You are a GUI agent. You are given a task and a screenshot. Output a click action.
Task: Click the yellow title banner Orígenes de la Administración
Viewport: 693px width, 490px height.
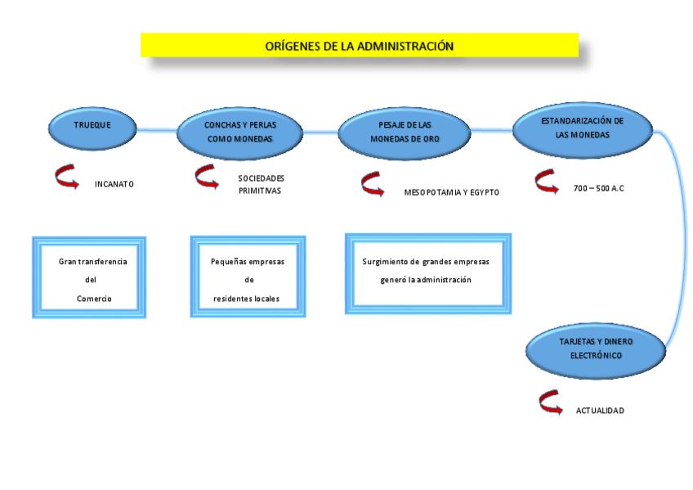(x=359, y=46)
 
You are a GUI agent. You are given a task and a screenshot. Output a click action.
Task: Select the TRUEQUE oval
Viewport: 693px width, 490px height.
(x=92, y=126)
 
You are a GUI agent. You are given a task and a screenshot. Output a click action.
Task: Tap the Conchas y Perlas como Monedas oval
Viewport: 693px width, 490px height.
(x=239, y=132)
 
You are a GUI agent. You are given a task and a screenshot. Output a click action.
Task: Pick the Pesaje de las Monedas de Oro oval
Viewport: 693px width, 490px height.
(x=404, y=132)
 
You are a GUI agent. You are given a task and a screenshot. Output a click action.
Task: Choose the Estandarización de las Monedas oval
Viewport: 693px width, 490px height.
(x=582, y=128)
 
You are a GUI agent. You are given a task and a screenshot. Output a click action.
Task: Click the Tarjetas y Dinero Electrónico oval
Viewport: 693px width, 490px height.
(x=596, y=349)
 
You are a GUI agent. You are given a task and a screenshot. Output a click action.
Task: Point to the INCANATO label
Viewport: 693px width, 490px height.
(x=114, y=184)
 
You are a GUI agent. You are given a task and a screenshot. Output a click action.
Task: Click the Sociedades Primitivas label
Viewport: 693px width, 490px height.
(x=260, y=184)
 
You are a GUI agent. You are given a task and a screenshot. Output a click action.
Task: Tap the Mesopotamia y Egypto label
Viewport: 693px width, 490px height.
(x=451, y=193)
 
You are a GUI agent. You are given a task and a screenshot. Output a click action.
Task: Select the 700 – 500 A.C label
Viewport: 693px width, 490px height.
(x=599, y=189)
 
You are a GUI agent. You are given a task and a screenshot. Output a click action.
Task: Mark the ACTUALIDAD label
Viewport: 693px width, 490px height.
(x=600, y=411)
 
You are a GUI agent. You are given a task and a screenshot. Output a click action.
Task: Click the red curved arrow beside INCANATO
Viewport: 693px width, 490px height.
(x=66, y=177)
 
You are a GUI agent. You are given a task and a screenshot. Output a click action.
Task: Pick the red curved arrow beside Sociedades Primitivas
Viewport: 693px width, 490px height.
(x=207, y=177)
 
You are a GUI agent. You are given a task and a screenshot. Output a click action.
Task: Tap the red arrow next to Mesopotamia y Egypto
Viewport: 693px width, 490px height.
(x=373, y=185)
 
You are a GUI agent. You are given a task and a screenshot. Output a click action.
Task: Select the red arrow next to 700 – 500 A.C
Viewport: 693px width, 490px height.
(x=546, y=182)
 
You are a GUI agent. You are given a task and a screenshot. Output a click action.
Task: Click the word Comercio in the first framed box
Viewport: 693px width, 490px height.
(x=94, y=299)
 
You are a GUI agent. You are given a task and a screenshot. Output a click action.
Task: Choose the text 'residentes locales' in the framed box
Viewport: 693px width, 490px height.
(x=246, y=299)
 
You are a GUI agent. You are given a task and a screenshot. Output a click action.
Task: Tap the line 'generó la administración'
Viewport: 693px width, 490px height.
(x=426, y=280)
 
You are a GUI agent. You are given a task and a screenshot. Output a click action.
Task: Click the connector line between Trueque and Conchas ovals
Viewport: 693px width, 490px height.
(x=155, y=128)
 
